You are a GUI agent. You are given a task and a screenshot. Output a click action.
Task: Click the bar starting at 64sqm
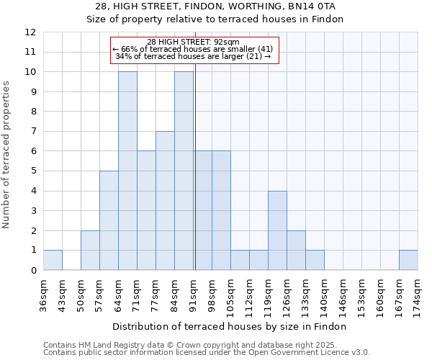[x=127, y=171]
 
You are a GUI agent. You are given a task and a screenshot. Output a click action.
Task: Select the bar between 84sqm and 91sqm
[x=184, y=171]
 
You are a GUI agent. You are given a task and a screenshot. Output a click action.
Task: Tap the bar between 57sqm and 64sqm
[x=109, y=220]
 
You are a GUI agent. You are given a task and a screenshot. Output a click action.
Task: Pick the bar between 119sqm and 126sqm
[x=277, y=230]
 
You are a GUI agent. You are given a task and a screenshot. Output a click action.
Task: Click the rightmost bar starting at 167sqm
[x=408, y=260]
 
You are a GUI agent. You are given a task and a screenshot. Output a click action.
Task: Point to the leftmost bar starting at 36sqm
[x=53, y=260]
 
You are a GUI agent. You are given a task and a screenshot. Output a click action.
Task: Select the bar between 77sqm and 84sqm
[x=165, y=201]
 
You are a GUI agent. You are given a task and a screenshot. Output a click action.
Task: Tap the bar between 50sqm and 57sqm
[x=90, y=251]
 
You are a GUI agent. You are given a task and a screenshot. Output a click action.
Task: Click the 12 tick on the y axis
[x=31, y=32]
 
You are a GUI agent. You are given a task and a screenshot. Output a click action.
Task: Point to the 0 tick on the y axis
[x=34, y=271]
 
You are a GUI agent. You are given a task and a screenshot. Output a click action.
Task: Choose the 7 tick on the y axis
[x=34, y=132]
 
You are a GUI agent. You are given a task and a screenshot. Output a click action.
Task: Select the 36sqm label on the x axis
[x=44, y=292]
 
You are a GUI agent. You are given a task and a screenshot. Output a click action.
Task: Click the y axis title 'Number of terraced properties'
[x=6, y=154]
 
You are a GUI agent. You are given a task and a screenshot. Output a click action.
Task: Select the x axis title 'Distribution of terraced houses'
[x=230, y=326]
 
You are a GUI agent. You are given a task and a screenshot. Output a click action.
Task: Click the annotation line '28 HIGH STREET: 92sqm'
[x=193, y=42]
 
